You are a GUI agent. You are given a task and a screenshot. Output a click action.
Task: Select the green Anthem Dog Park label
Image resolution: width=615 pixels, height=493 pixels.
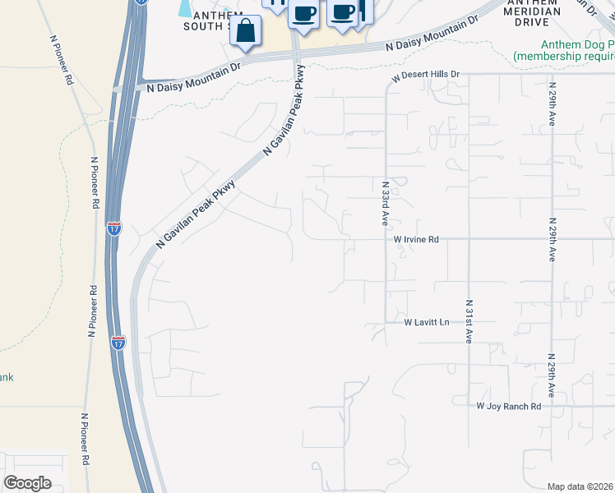pos(565,50)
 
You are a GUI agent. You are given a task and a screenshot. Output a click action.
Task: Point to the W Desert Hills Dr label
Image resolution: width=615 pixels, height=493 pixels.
pos(424,74)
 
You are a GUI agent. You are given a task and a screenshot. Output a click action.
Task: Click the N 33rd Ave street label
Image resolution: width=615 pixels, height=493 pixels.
pos(385,204)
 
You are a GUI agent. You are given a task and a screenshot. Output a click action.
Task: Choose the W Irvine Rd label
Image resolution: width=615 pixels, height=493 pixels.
pos(416,239)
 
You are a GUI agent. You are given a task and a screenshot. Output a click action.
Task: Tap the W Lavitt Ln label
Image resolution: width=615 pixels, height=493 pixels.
pos(427,323)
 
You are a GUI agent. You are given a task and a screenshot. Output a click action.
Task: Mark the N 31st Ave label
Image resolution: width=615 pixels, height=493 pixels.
pos(469,320)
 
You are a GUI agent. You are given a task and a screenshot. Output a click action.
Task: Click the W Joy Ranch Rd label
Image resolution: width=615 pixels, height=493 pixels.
pos(509,406)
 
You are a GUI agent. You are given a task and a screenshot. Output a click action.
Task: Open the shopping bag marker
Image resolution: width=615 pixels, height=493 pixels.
pos(246,32)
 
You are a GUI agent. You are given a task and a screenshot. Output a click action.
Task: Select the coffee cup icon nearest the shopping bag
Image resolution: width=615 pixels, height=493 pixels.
pos(303,14)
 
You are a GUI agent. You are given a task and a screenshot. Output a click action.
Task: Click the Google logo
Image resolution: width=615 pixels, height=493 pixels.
pos(27,482)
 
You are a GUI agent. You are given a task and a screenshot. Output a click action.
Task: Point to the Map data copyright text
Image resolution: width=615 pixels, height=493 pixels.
pos(580,486)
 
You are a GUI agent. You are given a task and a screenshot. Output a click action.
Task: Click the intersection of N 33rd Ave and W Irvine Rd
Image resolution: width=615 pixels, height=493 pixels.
pos(386,239)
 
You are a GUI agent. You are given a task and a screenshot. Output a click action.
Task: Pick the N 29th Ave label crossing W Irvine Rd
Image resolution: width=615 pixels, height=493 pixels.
pos(553,239)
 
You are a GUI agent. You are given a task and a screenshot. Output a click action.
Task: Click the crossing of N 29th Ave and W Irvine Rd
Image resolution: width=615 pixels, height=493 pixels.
pos(553,239)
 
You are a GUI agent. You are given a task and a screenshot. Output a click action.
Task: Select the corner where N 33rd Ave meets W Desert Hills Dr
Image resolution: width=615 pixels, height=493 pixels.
pos(386,75)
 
